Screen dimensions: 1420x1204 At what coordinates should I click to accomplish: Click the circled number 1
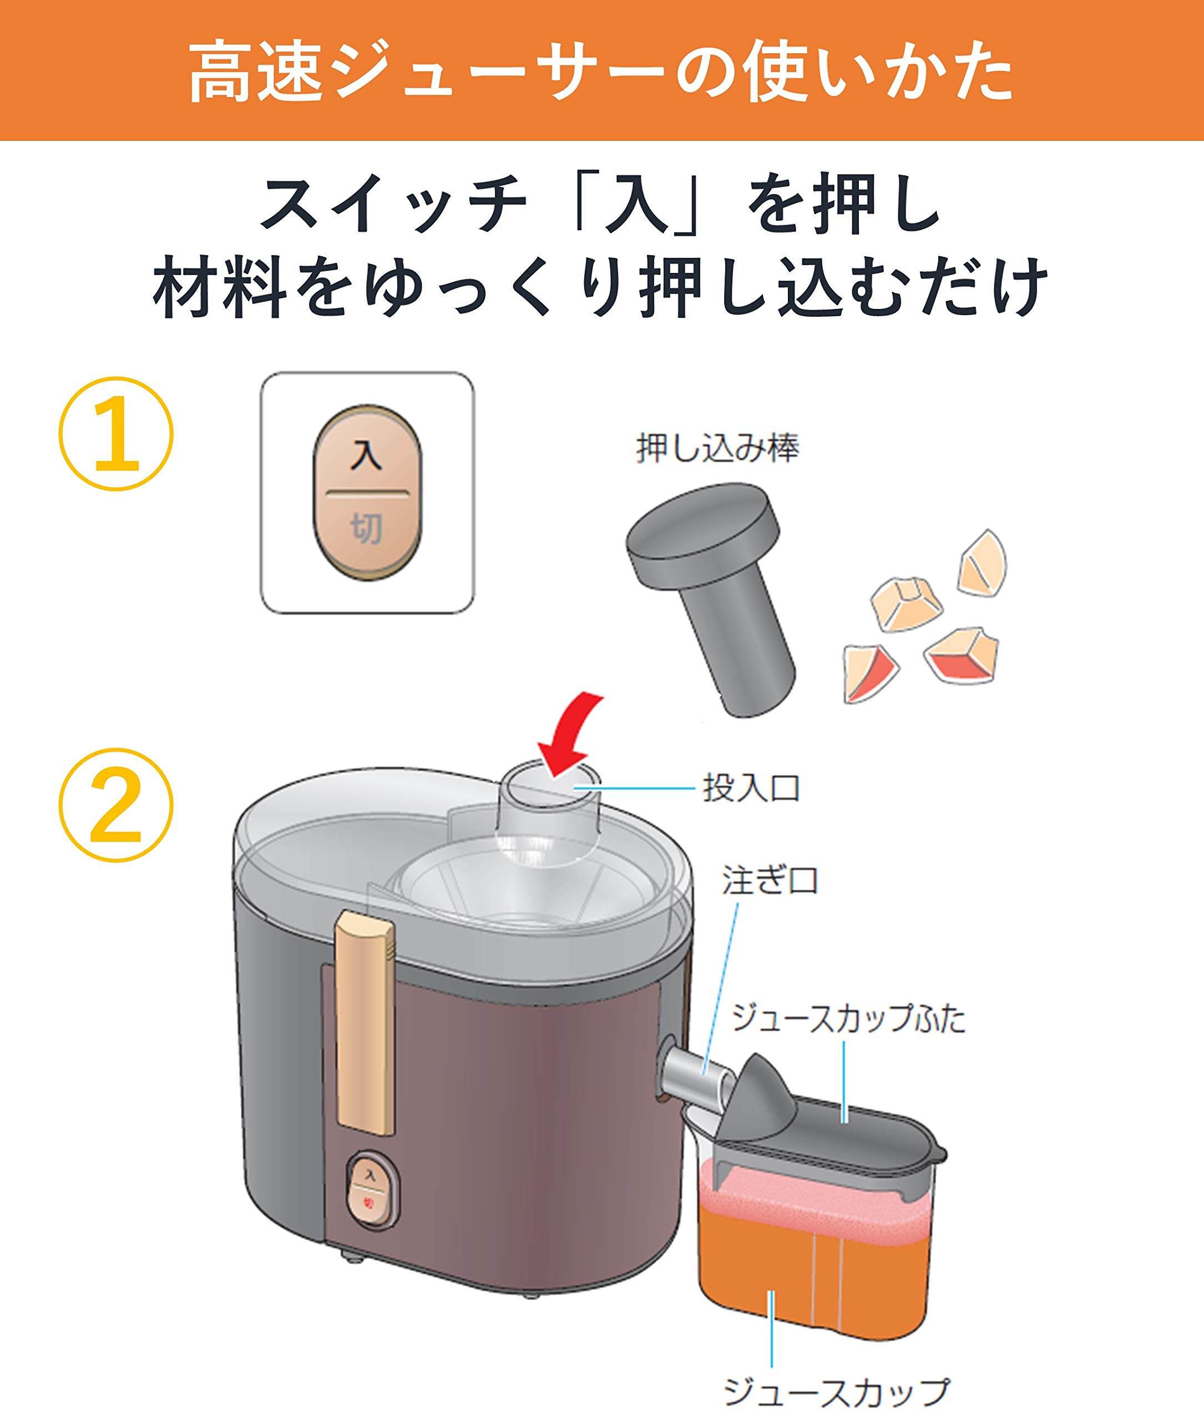pyautogui.click(x=117, y=433)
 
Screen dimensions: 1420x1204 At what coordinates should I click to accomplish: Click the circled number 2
pyautogui.click(x=116, y=805)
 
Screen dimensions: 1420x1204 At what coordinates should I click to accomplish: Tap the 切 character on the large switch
pyautogui.click(x=367, y=529)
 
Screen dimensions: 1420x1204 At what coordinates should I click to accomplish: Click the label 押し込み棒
pyautogui.click(x=717, y=448)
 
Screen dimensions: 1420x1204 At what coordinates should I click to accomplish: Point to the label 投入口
pyautogui.click(x=751, y=788)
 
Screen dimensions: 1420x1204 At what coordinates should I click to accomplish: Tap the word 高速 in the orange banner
pyautogui.click(x=255, y=72)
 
